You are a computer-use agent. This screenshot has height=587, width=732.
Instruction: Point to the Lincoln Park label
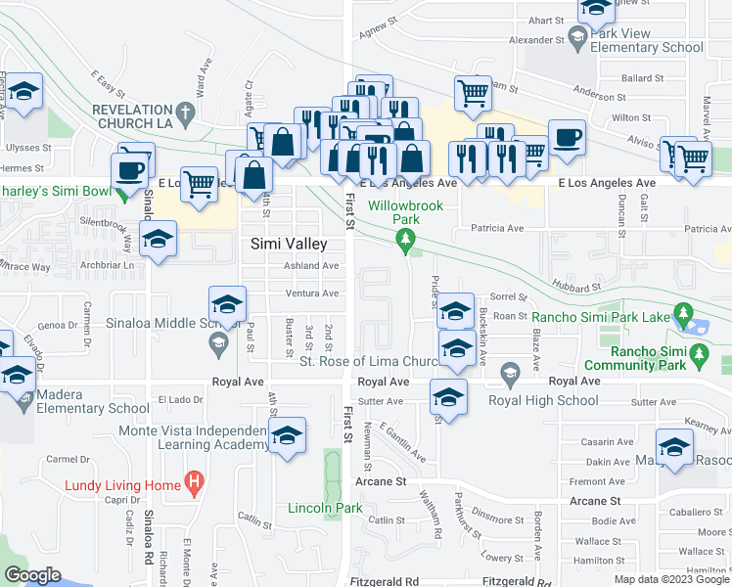(x=325, y=508)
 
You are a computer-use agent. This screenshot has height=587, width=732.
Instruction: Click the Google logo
(x=32, y=575)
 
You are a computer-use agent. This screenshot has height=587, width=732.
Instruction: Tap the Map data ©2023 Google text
(x=671, y=579)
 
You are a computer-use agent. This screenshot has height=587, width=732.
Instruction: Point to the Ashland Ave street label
(x=311, y=266)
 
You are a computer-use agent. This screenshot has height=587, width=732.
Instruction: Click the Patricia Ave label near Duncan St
(x=496, y=228)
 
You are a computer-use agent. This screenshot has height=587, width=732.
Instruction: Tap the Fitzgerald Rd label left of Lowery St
(x=384, y=581)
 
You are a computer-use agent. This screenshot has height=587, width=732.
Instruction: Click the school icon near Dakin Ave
(x=674, y=446)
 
